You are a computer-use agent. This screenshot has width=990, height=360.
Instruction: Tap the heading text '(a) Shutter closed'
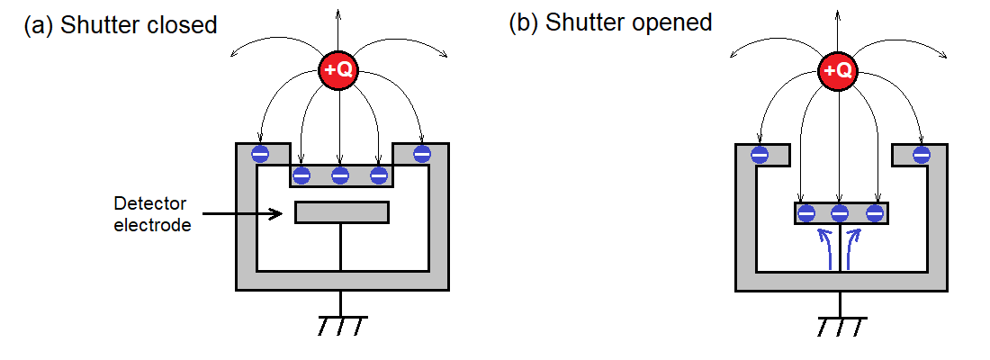pyautogui.click(x=120, y=24)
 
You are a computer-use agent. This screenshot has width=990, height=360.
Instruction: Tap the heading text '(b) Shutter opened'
pyautogui.click(x=610, y=22)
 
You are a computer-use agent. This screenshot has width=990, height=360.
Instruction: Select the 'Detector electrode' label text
pyautogui.click(x=152, y=214)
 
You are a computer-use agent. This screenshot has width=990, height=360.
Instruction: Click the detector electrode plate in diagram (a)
pyautogui.click(x=341, y=212)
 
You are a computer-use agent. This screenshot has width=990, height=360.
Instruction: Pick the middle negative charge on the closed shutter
pyautogui.click(x=340, y=175)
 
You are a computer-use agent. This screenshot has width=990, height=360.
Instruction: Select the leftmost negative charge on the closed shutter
pyautogui.click(x=301, y=175)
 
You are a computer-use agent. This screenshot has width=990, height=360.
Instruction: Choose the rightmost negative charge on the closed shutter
pyautogui.click(x=379, y=175)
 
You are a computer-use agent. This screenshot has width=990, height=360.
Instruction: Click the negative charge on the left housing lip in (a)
pyautogui.click(x=259, y=154)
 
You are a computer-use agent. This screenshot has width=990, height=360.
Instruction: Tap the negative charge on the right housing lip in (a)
pyautogui.click(x=421, y=154)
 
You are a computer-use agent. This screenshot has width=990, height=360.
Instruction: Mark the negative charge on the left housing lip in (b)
pyautogui.click(x=759, y=155)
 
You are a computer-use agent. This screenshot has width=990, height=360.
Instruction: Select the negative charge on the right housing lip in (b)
pyautogui.click(x=921, y=155)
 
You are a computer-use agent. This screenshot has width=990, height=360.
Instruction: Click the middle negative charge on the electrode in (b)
pyautogui.click(x=840, y=213)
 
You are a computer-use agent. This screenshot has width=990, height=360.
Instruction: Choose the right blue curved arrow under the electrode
pyautogui.click(x=854, y=247)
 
